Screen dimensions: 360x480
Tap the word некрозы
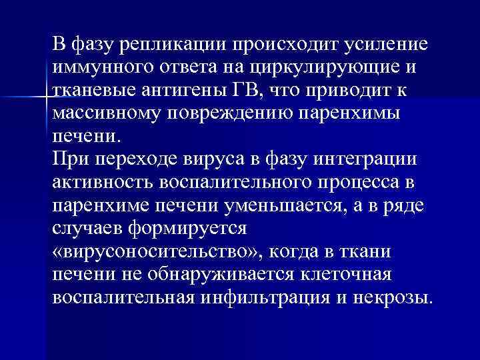[397, 296]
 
